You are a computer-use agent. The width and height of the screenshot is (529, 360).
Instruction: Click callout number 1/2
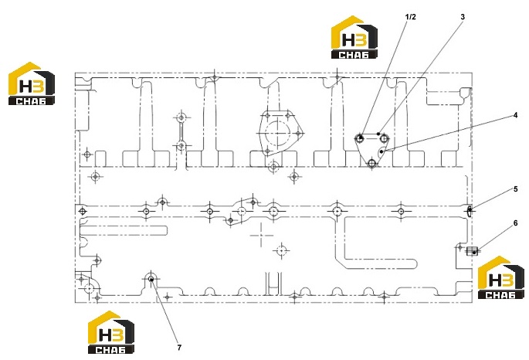(410, 17)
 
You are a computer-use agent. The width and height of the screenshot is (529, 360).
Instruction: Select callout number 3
(463, 17)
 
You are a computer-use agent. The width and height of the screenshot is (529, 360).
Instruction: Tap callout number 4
(515, 115)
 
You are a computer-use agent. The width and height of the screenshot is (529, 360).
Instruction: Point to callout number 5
(516, 189)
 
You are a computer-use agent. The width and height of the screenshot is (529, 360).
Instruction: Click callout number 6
(516, 223)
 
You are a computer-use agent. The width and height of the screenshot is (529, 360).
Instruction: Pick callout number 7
(179, 348)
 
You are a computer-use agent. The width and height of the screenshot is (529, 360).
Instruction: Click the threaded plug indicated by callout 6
(472, 250)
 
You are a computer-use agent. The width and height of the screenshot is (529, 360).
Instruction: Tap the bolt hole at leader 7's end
(151, 279)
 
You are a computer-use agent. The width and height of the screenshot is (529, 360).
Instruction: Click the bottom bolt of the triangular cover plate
(371, 164)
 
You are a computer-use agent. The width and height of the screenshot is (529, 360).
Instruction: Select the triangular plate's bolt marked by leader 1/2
(360, 138)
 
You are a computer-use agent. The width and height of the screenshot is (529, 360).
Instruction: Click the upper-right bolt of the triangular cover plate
(384, 138)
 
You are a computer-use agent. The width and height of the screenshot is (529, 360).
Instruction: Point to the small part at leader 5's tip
(470, 211)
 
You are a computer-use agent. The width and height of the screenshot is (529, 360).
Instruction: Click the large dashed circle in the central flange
(278, 134)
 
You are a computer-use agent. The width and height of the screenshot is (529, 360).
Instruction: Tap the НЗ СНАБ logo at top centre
(354, 37)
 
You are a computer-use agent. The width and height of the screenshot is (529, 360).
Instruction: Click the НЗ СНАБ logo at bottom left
(111, 332)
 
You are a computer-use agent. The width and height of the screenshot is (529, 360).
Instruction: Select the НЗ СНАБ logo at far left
(32, 83)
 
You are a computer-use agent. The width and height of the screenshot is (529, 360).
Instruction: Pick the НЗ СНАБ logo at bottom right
(501, 277)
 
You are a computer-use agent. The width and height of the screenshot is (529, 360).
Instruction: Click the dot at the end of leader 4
(381, 152)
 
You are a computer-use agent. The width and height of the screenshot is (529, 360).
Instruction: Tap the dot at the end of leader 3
(378, 134)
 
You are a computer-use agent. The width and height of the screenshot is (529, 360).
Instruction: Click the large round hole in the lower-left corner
(90, 288)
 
